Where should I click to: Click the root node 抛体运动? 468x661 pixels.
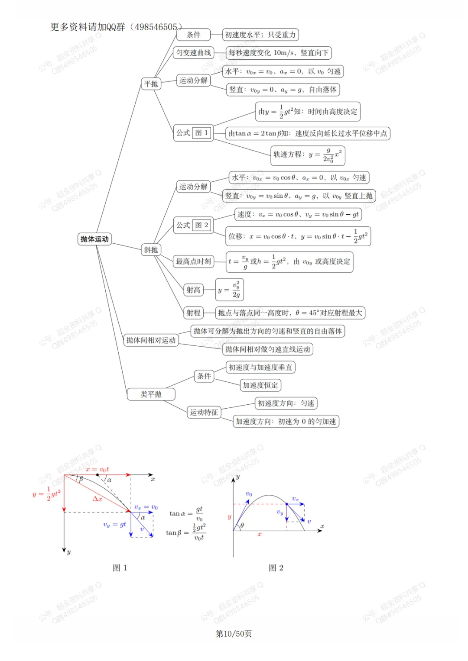coord(94,239)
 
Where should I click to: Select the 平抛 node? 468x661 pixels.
coord(151,84)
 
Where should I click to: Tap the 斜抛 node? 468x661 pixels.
coord(151,250)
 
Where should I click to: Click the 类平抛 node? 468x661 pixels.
coord(151,394)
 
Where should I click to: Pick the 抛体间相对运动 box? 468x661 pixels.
coord(151,340)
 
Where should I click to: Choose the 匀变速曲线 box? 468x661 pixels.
coord(193,53)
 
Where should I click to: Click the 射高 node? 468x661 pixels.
coord(193,290)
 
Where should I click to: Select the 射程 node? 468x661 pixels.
coord(193,313)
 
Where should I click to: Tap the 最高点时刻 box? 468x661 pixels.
coord(193,261)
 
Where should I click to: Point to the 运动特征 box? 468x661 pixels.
coord(204,412)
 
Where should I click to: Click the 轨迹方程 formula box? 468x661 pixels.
coord(308,155)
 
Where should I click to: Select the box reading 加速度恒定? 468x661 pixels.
coord(260,385)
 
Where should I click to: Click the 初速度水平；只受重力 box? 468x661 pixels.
coord(260,35)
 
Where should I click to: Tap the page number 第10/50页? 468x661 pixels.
coord(234,634)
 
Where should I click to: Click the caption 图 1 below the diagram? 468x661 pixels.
coord(120,568)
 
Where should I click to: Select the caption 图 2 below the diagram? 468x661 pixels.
coord(276,568)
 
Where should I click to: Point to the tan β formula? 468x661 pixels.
coord(186,532)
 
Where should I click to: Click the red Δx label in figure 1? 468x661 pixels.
coord(97,499)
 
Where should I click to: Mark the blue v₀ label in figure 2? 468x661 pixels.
coord(249,494)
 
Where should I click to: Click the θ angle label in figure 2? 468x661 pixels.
coord(242,526)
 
